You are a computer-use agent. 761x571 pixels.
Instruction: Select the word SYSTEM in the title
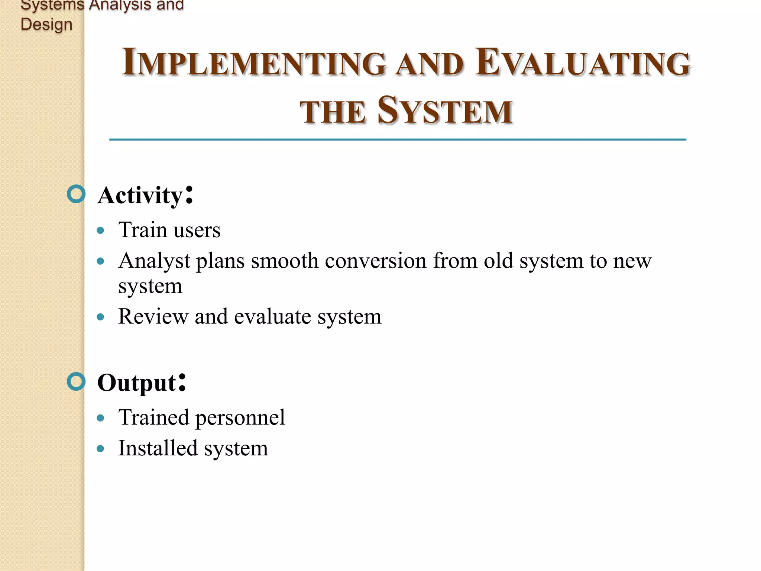click(445, 111)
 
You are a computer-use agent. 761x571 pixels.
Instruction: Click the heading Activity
click(140, 195)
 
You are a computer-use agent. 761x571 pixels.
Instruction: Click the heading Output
click(137, 383)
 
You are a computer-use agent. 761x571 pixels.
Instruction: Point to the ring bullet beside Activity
click(77, 194)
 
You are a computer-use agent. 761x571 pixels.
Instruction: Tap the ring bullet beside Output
click(77, 382)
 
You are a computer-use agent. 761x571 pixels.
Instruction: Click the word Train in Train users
click(142, 230)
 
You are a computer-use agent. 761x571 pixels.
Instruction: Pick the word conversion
click(375, 261)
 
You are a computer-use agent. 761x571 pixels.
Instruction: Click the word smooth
click(284, 261)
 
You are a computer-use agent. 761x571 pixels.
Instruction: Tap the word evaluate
click(272, 317)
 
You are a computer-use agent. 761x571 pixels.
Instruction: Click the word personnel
click(240, 417)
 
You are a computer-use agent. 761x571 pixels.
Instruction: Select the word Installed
click(158, 448)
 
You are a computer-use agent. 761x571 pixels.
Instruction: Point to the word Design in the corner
click(46, 25)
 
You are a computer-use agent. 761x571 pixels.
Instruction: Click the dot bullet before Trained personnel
click(100, 418)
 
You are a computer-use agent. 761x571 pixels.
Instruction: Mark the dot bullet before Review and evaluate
click(100, 317)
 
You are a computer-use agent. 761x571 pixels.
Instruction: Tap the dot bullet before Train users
click(100, 230)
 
